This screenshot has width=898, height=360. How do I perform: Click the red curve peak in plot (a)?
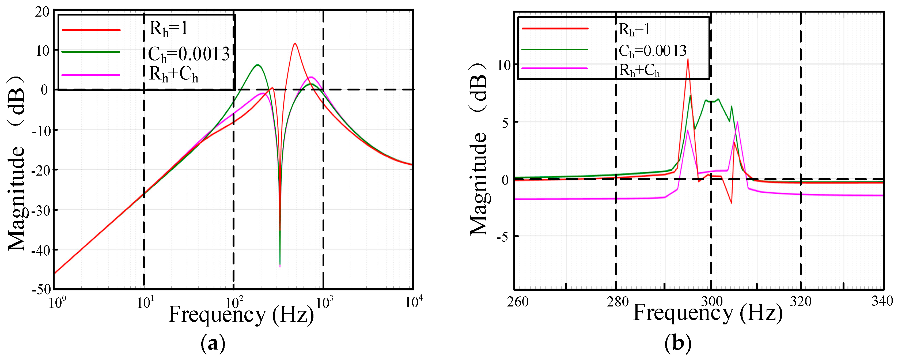point(295,44)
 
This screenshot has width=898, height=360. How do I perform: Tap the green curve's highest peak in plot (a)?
point(257,65)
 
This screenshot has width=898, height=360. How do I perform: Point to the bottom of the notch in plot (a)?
point(280,266)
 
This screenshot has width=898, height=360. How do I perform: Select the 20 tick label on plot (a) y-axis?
point(43,12)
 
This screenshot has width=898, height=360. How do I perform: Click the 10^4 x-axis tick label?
point(414,302)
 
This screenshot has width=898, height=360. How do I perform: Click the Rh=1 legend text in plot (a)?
point(169,29)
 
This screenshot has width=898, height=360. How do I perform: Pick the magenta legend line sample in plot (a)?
point(91,75)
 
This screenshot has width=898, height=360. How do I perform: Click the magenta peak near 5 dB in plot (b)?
point(737,122)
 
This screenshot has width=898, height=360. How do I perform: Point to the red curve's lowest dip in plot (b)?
point(731,203)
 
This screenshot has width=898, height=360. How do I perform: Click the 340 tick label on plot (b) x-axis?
point(882,301)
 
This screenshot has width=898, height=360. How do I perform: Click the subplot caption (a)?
point(213,344)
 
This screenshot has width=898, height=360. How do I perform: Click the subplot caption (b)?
point(678,343)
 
